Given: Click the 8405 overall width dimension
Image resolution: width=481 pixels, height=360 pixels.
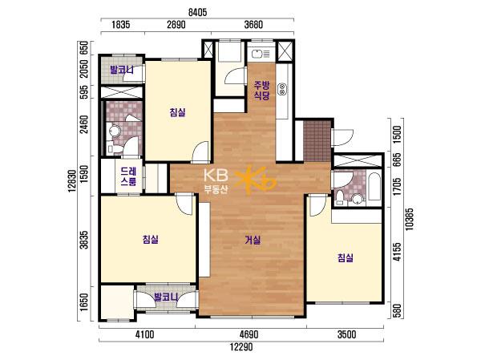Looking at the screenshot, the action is (197, 12).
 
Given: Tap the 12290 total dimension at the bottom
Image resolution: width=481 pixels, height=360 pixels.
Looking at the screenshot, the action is (241, 347).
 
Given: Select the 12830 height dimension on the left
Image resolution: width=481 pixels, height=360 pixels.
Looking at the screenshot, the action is (72, 180).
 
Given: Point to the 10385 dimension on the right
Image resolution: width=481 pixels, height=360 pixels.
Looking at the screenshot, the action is (409, 219).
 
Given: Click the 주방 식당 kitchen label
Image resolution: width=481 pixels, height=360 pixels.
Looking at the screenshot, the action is (261, 90).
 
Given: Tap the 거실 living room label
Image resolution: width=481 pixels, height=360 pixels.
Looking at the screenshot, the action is (253, 240).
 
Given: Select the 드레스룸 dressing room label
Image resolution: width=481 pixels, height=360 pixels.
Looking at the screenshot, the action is (128, 176).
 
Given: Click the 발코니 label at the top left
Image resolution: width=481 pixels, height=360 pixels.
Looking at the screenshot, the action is (122, 70).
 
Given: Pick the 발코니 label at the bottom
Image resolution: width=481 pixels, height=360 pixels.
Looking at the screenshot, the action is (166, 297).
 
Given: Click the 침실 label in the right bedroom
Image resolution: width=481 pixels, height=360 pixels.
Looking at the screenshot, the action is (346, 257).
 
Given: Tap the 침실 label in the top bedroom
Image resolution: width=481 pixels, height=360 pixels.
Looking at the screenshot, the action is (178, 112).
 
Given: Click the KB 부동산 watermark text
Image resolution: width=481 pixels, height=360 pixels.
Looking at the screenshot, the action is (216, 181).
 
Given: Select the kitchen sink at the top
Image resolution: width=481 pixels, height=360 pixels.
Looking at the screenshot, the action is (261, 55).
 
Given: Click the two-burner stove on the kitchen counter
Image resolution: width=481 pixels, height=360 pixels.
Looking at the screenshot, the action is (282, 89).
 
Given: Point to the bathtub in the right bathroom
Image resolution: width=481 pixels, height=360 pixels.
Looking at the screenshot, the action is (374, 187).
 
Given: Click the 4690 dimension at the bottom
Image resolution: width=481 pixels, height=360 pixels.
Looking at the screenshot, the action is (249, 334).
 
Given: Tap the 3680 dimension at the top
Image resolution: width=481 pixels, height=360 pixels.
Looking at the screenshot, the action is (253, 24).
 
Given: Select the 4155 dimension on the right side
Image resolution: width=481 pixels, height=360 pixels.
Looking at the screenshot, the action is (397, 252).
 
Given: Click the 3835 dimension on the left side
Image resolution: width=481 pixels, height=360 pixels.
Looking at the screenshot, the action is (83, 240).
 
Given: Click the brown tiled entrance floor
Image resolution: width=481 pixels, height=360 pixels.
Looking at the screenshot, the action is (317, 140).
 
